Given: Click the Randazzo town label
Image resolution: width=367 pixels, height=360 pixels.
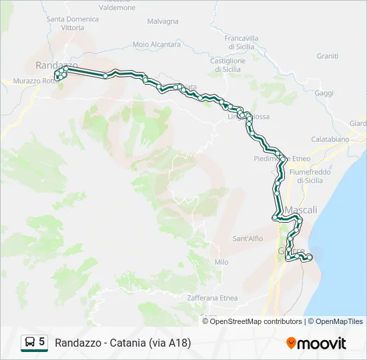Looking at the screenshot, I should point(57,65).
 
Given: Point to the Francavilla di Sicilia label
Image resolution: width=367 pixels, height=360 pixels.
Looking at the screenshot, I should point(242,43).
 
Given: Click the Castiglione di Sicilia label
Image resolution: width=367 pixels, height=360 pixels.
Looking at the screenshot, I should point(228,65).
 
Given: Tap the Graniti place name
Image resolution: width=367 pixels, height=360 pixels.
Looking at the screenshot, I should point(328,56).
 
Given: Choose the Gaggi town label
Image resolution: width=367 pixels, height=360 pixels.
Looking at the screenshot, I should point(324,93).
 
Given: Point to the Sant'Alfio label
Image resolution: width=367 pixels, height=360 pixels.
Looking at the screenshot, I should point(248,238).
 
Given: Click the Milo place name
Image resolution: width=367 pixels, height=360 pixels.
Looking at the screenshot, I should point(222,262).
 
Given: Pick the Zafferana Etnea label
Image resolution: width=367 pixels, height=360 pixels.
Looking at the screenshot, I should point(212,298).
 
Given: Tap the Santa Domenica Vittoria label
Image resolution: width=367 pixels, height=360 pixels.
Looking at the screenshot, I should point(73,23).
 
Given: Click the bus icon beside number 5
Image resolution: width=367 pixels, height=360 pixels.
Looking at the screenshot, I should point(30,343).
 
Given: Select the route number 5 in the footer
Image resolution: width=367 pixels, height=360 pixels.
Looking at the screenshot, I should point(42,342).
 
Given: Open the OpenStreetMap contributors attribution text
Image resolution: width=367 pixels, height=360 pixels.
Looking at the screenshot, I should point(256,321).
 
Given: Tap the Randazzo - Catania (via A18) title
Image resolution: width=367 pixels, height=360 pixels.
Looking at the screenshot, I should point(123,343).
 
